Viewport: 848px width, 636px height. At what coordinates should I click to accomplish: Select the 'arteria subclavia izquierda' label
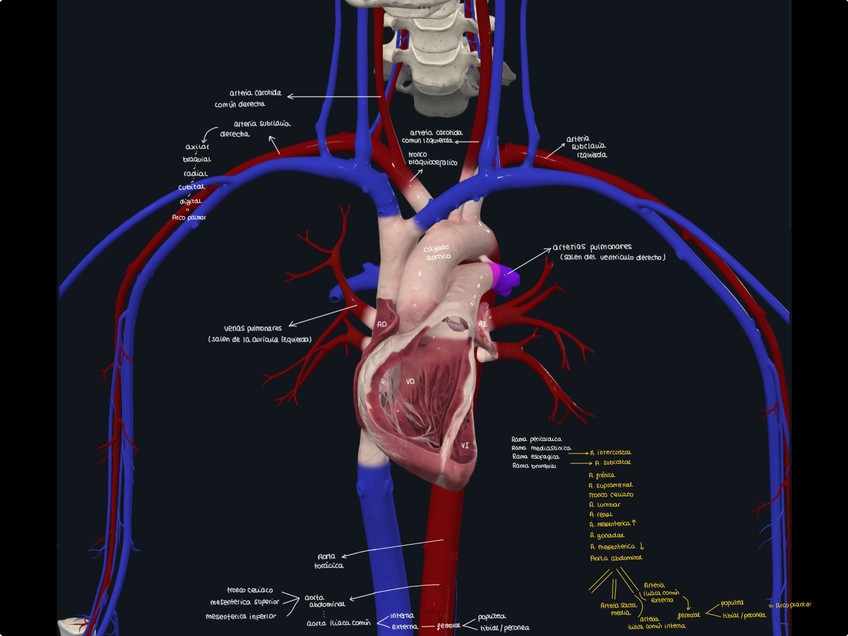tap(586, 147)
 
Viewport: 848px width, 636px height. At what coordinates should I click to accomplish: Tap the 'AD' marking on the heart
tap(382, 324)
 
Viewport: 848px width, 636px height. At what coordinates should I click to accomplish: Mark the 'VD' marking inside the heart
tap(410, 380)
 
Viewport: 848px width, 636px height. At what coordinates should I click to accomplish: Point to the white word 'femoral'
tap(449, 626)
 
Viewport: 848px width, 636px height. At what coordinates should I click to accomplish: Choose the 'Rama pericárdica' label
tap(537, 438)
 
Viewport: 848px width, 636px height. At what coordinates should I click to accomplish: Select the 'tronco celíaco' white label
tap(250, 589)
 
